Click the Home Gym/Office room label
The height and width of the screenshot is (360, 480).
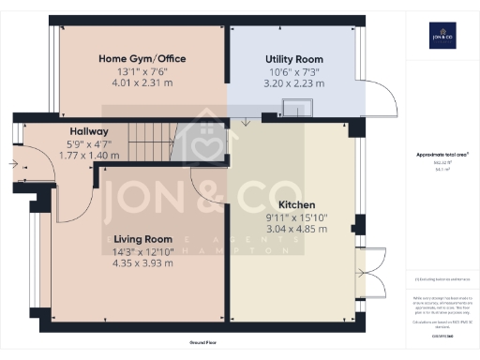[x=142, y=58]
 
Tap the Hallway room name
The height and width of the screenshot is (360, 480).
[x=89, y=131]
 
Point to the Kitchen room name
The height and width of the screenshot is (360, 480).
[x=296, y=204]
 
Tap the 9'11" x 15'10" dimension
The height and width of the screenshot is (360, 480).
[x=296, y=217]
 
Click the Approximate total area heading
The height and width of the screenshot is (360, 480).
[x=442, y=154]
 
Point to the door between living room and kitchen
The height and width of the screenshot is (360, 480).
[x=208, y=187]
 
